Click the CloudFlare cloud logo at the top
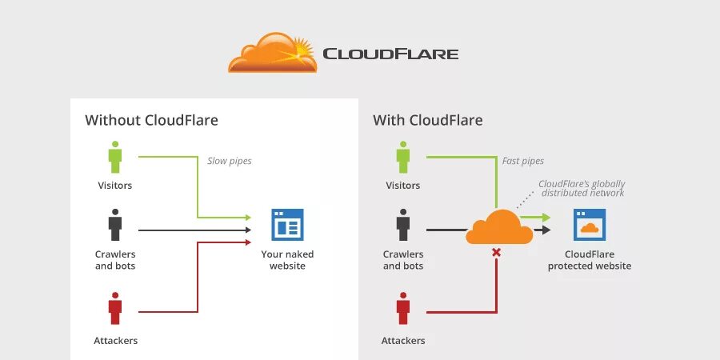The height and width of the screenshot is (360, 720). tap(272, 53)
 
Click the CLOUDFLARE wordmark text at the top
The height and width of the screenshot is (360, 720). tap(390, 54)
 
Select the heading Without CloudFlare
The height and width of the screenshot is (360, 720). tap(151, 121)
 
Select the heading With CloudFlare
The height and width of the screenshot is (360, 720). tap(427, 121)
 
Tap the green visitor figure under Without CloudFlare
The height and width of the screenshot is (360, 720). tap(115, 157)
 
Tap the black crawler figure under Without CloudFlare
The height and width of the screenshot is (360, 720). tap(115, 225)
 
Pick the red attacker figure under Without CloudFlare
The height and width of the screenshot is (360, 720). tap(115, 308)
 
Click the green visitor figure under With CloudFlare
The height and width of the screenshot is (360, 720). tap(402, 157)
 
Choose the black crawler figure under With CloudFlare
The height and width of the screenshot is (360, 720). tap(402, 225)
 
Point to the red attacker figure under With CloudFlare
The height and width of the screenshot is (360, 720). tap(402, 308)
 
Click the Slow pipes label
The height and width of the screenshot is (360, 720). tap(230, 161)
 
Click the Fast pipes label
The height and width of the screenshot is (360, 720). tap(522, 161)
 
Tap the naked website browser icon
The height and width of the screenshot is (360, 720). tap(287, 225)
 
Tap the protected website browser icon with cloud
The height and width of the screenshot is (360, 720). tap(590, 225)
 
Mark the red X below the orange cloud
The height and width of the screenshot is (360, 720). tap(496, 253)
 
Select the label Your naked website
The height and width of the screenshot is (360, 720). tap(287, 260)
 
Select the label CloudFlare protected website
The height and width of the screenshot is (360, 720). tap(590, 260)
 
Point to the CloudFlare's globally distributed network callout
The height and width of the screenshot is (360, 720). tap(582, 188)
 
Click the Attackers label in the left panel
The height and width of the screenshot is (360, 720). tap(115, 341)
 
